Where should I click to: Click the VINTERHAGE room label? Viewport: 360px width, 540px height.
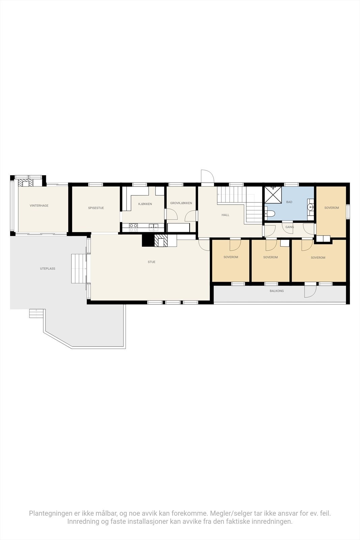(39, 206)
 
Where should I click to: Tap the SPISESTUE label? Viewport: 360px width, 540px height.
(96, 208)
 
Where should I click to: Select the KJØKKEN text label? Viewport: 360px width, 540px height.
(145, 204)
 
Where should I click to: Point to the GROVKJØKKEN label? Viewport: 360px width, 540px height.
(181, 203)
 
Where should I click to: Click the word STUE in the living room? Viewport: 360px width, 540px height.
(151, 262)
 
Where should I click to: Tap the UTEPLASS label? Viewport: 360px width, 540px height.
(48, 269)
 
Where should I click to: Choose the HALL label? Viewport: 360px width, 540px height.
(225, 215)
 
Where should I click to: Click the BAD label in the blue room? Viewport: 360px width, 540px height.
(289, 202)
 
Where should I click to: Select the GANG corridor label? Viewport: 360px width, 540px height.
(289, 227)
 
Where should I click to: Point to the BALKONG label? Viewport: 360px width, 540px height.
(277, 291)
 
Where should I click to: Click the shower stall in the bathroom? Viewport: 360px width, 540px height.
(273, 195)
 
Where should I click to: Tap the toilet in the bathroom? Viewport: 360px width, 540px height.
(270, 213)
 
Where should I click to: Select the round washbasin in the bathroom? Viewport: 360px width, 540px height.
(310, 207)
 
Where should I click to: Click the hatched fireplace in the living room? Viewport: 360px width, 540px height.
(161, 241)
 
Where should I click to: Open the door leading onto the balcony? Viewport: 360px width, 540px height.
(310, 291)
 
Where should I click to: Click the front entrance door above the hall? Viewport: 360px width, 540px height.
(207, 177)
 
